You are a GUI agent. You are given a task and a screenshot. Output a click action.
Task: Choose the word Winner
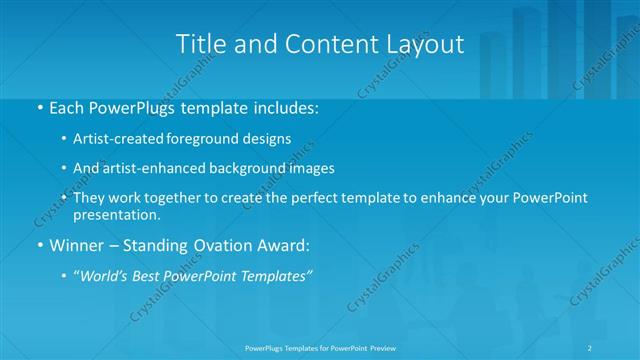[x=77, y=243]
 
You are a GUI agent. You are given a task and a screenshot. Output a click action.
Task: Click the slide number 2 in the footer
[x=591, y=347]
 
